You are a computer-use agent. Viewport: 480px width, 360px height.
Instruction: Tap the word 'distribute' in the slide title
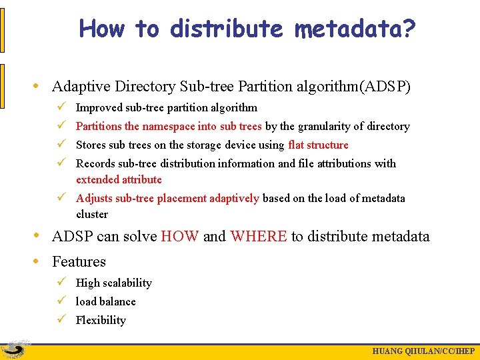227,29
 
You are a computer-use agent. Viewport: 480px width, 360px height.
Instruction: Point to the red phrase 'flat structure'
318,145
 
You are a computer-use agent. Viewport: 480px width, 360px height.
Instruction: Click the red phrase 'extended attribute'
119,179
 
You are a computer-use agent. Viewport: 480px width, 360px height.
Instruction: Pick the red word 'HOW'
179,236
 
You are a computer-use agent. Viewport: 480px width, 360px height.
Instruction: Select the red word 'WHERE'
259,236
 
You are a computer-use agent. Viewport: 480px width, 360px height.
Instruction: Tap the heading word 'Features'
79,261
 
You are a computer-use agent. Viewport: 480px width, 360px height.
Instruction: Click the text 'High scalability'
113,283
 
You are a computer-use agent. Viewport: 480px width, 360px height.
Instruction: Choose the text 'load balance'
105,301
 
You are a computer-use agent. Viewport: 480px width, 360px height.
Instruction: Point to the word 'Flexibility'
101,320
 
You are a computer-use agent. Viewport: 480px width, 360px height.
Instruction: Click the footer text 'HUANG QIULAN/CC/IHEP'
423,351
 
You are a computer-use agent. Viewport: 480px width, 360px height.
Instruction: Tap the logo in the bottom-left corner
15,349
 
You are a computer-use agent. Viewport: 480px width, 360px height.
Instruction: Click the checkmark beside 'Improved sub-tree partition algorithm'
61,107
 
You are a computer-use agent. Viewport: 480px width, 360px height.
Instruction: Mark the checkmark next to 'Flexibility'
61,319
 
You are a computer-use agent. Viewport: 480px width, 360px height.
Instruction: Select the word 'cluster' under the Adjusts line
92,214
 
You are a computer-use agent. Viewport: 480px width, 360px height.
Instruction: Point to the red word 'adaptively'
234,198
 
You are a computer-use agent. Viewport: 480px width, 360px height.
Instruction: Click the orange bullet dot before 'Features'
42,261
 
